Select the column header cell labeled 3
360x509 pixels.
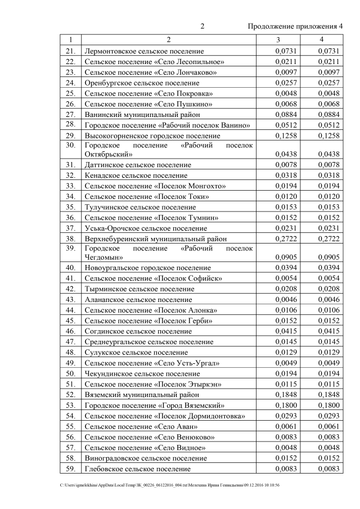point(278,40)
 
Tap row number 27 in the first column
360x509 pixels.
point(70,114)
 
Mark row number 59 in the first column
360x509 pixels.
point(70,469)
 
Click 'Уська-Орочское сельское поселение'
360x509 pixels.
point(142,228)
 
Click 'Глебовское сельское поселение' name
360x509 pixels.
point(137,469)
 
